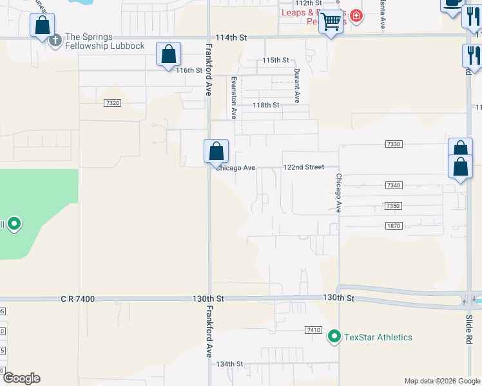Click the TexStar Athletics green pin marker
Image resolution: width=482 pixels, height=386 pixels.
coord(334,336)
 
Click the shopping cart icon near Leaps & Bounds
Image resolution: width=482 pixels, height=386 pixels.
coord(331,21)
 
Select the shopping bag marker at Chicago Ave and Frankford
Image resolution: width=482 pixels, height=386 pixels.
coord(217,152)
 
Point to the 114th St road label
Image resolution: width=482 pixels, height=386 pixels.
coord(231,38)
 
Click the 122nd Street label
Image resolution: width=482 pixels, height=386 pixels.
coord(304,167)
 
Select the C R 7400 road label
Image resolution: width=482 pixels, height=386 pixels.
coord(78,299)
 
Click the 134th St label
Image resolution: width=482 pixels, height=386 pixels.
coord(230,363)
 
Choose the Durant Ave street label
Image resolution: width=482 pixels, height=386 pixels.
coord(297,86)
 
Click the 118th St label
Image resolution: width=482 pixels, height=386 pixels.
coord(265,105)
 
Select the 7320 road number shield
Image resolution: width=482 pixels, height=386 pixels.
coord(111,102)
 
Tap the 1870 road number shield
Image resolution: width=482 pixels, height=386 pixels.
coord(394,225)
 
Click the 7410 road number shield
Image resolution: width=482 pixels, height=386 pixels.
coord(313,330)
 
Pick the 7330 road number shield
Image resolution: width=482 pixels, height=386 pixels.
coord(394,144)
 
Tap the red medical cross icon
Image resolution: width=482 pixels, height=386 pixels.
coord(356,16)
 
